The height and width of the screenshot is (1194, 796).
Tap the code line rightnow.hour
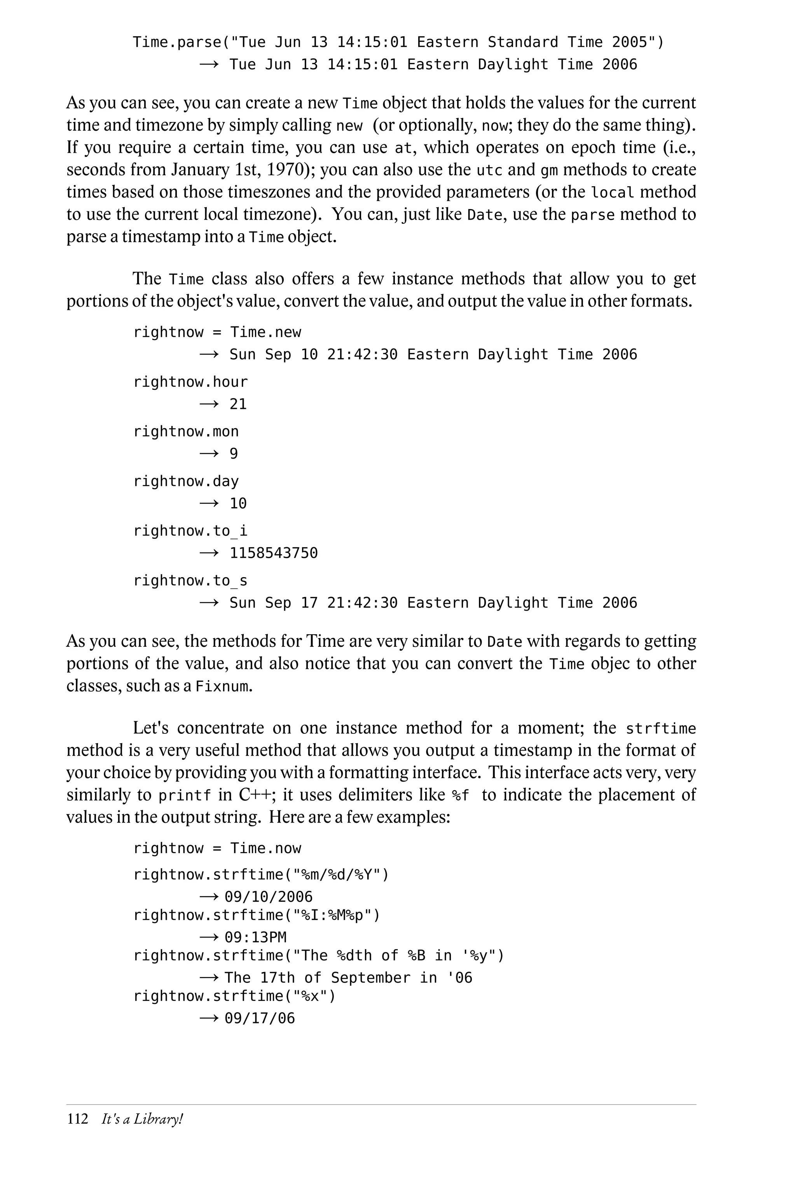[x=190, y=382]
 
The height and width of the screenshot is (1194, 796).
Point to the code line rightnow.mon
[x=186, y=431]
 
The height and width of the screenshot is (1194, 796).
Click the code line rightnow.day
[x=186, y=481]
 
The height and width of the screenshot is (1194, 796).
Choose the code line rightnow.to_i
[x=190, y=531]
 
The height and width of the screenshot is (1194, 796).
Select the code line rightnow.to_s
[x=190, y=581]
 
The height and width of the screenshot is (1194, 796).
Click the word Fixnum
[x=222, y=687]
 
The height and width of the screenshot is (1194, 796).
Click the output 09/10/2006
[x=269, y=897]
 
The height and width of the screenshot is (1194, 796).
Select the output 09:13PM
[x=255, y=937]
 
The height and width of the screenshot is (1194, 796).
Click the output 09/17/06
[x=259, y=1018]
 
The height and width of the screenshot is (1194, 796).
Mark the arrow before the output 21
[x=209, y=404]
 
